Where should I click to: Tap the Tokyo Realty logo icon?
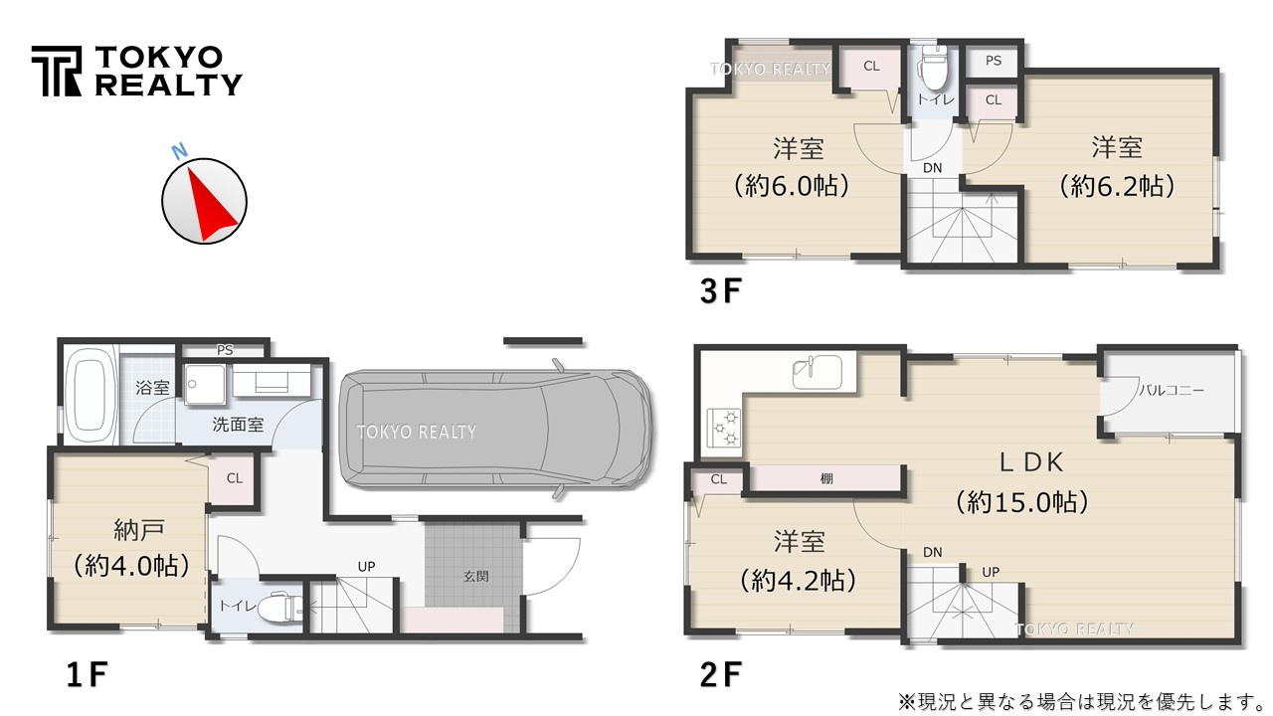tap(56, 71)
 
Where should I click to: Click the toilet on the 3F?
tap(934, 69)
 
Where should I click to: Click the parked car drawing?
tap(495, 431)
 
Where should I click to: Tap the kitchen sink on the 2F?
tap(818, 373)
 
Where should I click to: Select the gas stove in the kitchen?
tap(723, 429)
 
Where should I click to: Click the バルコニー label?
tap(1171, 390)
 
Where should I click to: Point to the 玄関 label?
tap(475, 576)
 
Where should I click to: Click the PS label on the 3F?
tap(993, 61)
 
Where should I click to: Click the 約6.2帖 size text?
tap(1117, 185)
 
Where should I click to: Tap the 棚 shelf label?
tap(826, 479)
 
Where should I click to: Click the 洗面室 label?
tap(238, 425)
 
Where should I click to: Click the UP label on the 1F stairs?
tap(367, 567)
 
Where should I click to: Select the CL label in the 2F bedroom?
tap(718, 479)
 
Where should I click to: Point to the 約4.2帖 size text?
tap(799, 580)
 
